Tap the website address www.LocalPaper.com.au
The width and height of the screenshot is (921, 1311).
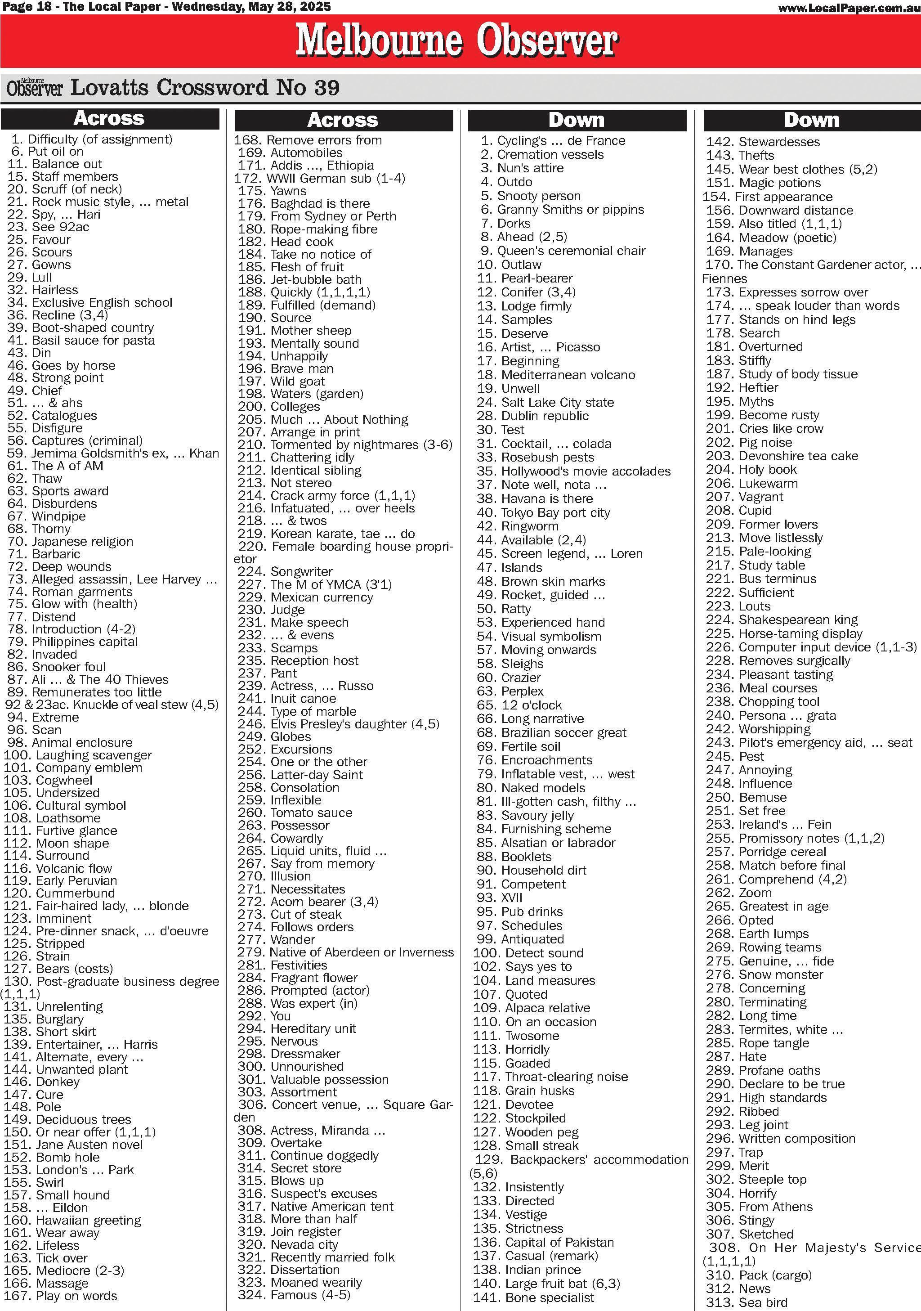[x=849, y=8]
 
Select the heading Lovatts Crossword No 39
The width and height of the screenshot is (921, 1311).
[x=204, y=88]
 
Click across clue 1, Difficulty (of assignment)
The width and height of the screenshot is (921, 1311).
[x=91, y=139]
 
